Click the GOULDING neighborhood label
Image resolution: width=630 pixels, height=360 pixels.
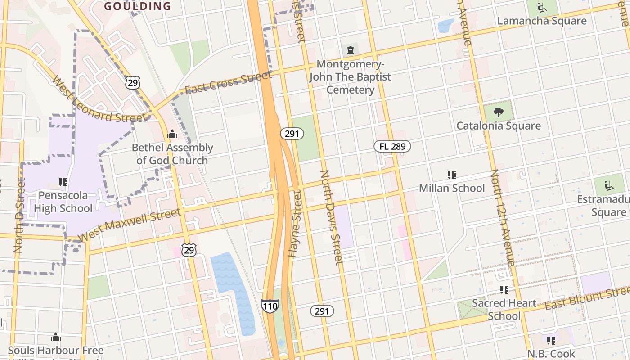point(138,6)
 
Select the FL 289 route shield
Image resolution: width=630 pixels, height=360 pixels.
point(392,146)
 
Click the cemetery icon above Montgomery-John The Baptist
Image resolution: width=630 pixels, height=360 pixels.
point(350,50)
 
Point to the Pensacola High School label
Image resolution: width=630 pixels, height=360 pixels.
point(63,202)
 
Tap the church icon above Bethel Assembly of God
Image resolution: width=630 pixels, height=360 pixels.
point(172,134)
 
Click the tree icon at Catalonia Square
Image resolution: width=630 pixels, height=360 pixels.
point(498,112)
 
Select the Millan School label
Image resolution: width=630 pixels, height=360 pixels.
point(452,188)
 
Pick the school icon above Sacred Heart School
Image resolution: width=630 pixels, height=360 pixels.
point(504,289)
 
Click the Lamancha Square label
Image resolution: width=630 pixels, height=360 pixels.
point(542,21)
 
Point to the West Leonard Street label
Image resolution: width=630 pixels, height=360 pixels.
point(99,99)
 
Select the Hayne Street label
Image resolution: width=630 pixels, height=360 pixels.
point(295,224)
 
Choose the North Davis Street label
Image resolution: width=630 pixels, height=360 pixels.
point(332,217)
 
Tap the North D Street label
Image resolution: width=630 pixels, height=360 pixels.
point(19,215)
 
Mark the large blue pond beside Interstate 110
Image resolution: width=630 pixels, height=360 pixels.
point(231,288)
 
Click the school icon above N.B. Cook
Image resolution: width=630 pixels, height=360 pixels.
point(551,340)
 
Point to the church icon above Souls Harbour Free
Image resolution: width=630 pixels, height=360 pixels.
point(56,337)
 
